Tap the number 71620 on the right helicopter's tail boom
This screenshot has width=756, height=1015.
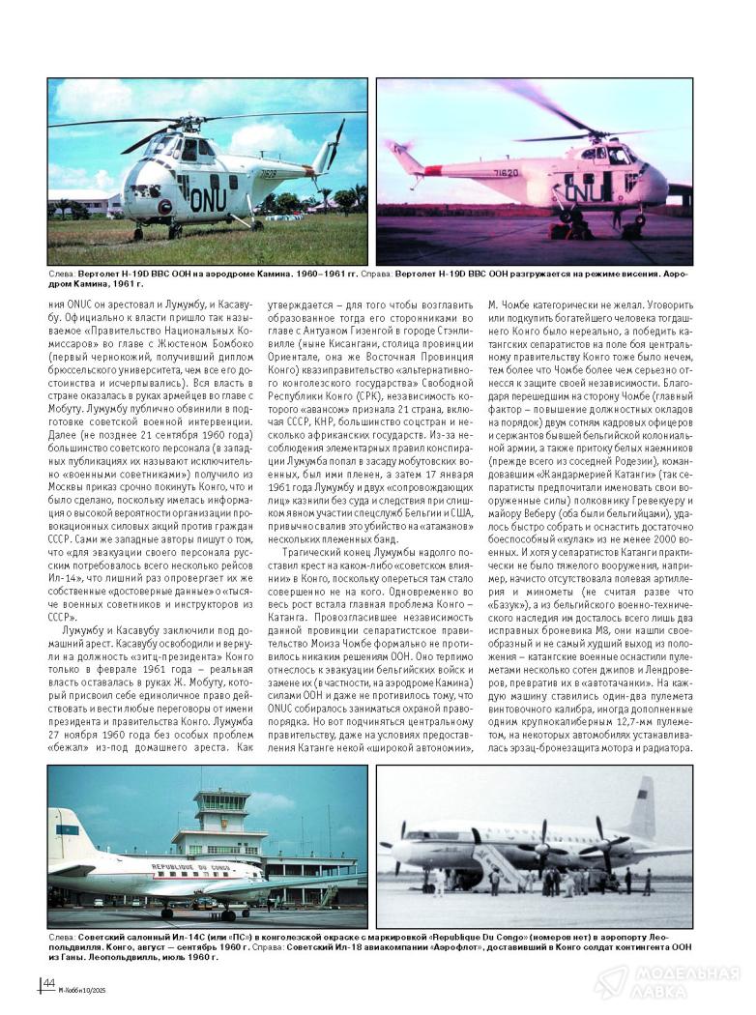point(508,173)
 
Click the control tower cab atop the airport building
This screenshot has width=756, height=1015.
point(220,802)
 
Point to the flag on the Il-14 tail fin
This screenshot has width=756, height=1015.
point(67,829)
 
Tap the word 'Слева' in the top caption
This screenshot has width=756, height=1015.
point(63,275)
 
